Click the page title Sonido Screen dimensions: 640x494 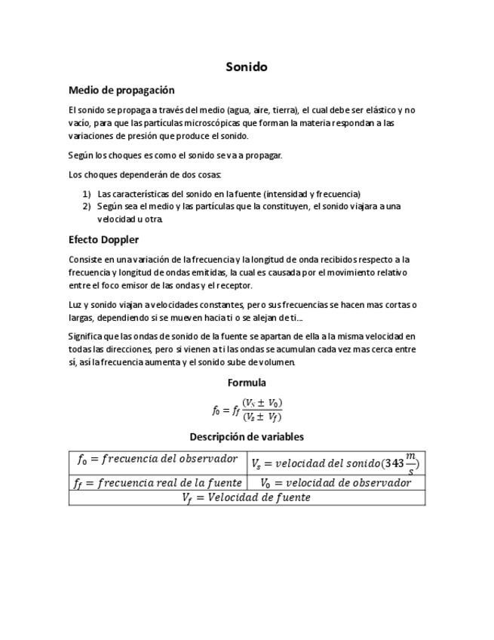tap(247, 67)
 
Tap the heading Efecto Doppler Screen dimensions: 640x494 tap(103, 240)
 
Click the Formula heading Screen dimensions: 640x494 tap(247, 383)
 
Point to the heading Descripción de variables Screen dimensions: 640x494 tap(247, 436)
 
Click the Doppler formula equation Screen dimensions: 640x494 tap(247, 409)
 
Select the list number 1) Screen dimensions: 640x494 tap(87, 193)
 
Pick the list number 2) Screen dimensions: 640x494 tap(87, 206)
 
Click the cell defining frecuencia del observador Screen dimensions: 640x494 tap(157, 460)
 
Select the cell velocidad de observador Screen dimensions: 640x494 tap(335, 483)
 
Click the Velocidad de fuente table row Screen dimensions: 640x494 tap(247, 498)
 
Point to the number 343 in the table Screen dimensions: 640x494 tap(393, 463)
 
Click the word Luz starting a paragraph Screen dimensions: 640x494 tap(75, 304)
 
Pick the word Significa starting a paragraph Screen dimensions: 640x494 tap(86, 337)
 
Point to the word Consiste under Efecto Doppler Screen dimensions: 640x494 tap(84, 260)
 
